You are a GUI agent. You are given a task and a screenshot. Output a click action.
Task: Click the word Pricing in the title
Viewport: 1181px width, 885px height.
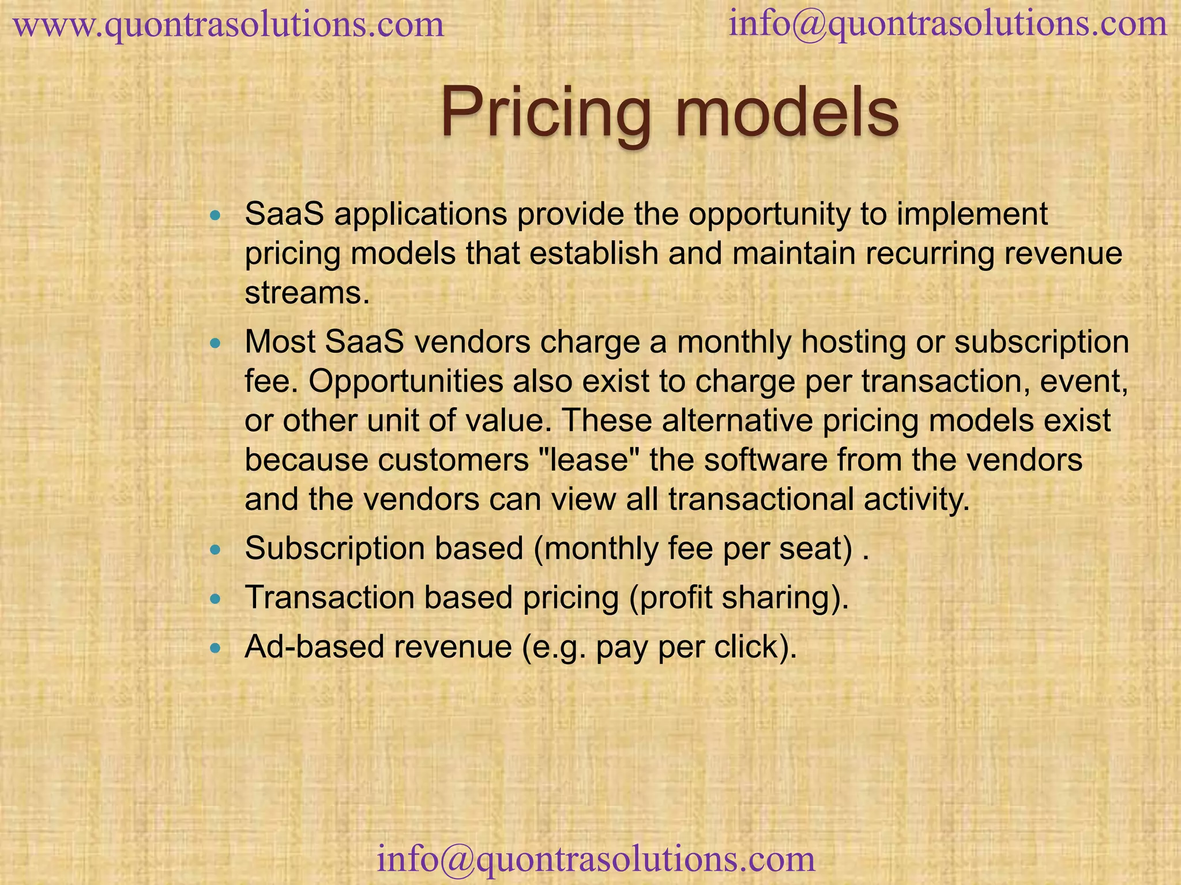(x=545, y=112)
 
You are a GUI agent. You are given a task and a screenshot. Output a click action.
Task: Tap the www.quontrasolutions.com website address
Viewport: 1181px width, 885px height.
(x=228, y=25)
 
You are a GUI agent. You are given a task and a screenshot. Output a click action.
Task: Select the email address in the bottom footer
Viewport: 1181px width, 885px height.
(x=596, y=858)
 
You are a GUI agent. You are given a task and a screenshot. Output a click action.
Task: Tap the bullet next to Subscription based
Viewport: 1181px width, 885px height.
(x=216, y=550)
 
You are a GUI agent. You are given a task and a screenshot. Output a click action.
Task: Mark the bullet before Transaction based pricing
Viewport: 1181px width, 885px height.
(x=216, y=599)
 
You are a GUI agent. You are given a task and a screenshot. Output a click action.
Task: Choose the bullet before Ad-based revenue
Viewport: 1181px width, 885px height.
(x=216, y=648)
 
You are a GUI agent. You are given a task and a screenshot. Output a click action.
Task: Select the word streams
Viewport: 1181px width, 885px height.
(x=306, y=293)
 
